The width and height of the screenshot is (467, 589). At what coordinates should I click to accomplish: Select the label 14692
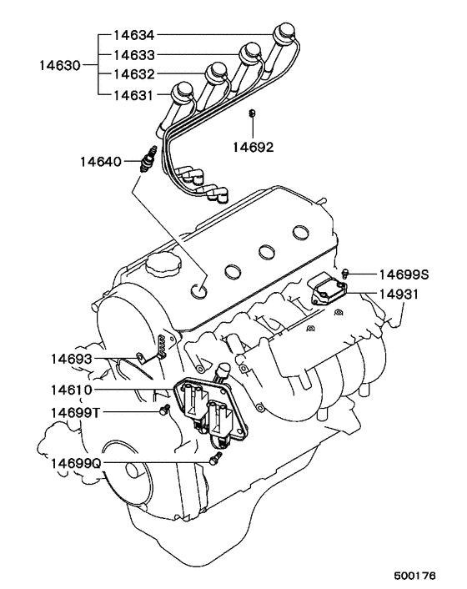pyautogui.click(x=253, y=146)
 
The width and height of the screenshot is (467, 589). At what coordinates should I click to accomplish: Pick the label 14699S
pyautogui.click(x=404, y=274)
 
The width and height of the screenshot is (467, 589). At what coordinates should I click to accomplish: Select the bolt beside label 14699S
pyautogui.click(x=346, y=273)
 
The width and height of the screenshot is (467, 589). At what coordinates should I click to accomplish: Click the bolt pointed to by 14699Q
pyautogui.click(x=213, y=459)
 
